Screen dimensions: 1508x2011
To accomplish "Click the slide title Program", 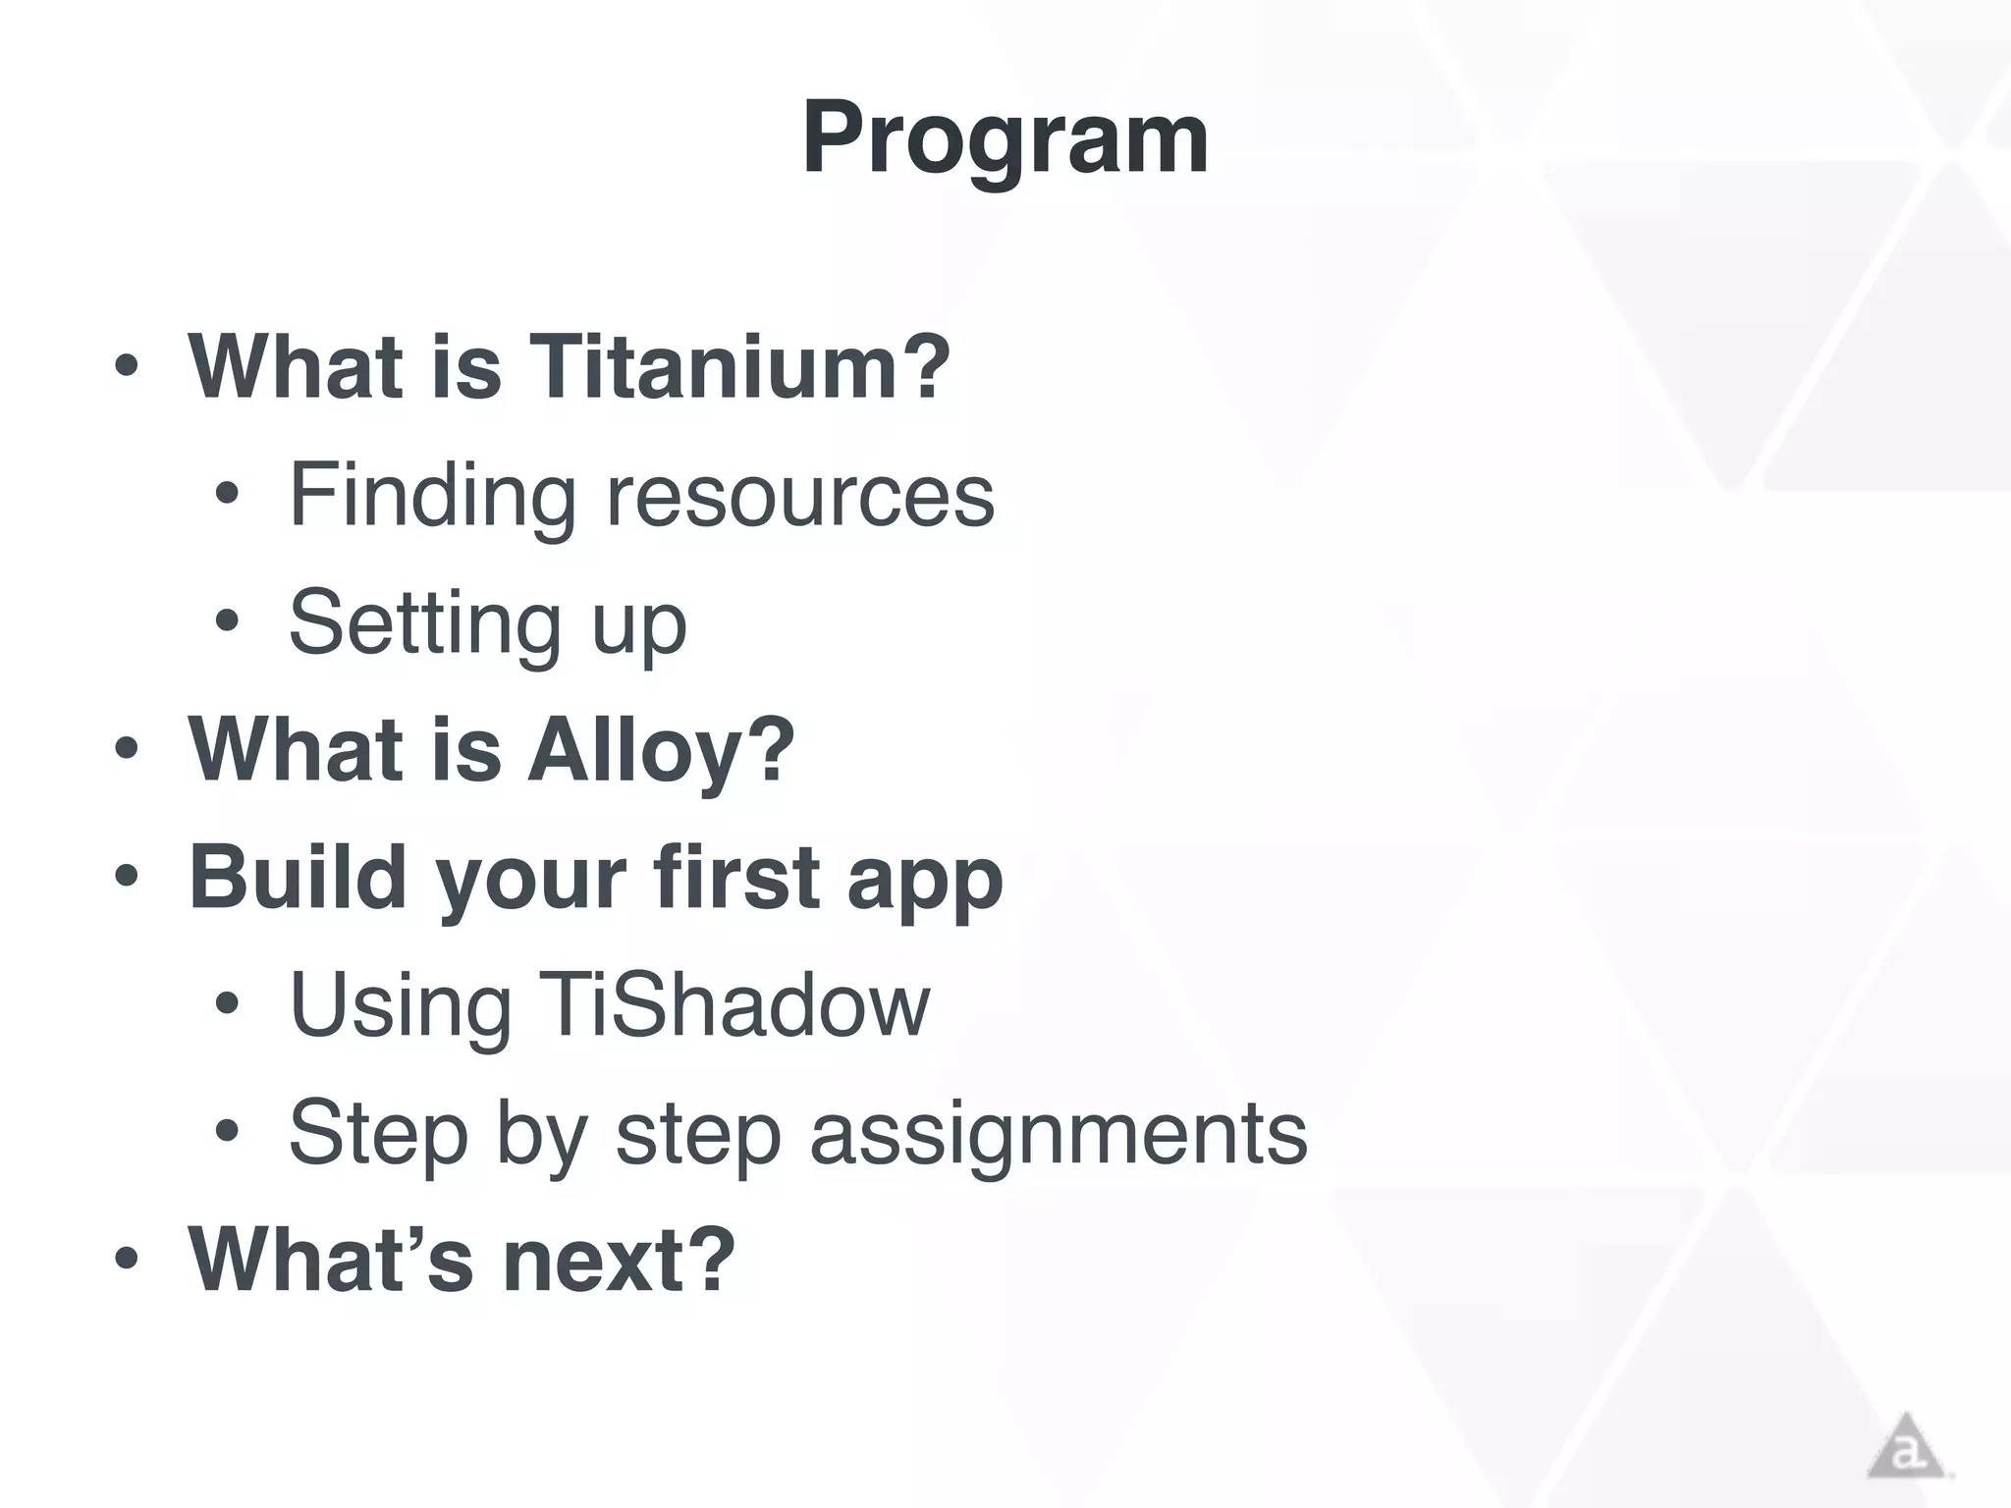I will pos(1005,140).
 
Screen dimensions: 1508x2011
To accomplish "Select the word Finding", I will pos(432,496).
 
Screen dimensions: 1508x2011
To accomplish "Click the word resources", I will pos(800,496).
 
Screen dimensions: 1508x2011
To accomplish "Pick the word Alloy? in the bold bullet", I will pos(661,750).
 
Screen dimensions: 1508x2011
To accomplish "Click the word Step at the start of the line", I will pos(378,1134).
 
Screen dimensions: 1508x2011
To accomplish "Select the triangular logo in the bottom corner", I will pos(1906,1447).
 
